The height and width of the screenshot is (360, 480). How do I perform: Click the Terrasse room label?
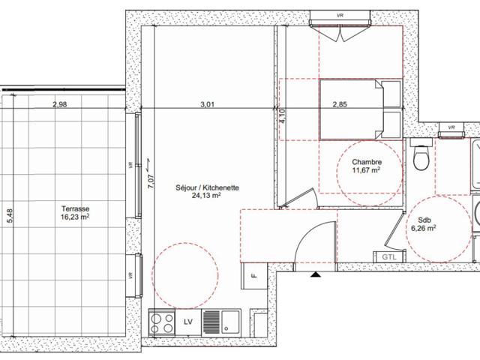click(76, 208)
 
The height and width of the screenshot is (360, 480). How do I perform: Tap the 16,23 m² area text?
click(75, 217)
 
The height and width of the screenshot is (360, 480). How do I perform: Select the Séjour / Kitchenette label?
click(207, 187)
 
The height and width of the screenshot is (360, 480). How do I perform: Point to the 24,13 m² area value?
click(207, 195)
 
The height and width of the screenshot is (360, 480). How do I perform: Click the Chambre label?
click(367, 162)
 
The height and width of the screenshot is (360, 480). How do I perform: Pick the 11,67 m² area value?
click(367, 169)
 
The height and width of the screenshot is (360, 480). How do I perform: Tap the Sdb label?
click(424, 220)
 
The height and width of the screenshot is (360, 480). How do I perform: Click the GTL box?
click(389, 256)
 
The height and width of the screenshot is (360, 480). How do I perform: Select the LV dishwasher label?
click(188, 322)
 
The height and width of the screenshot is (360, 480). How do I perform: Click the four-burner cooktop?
click(162, 323)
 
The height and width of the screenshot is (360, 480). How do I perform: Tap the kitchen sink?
click(221, 323)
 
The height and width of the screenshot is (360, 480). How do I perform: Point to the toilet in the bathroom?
click(421, 155)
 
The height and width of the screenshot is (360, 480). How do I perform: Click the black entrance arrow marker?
click(316, 274)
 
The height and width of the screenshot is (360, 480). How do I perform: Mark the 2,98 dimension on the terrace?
click(60, 104)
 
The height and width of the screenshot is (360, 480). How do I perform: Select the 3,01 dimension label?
click(207, 104)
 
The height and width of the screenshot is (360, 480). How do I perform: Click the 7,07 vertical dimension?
click(151, 181)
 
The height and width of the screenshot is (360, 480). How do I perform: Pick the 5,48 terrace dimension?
click(10, 215)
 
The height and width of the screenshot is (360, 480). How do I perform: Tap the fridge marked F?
click(254, 276)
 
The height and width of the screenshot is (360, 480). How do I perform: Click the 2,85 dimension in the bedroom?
click(340, 104)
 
